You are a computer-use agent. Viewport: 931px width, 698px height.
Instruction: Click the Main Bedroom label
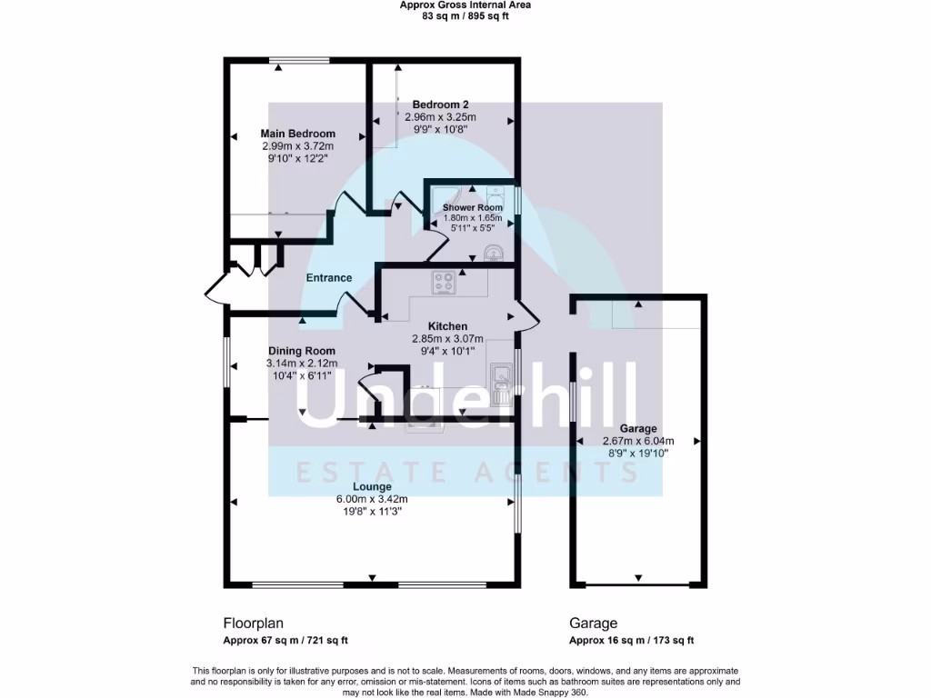click(x=297, y=134)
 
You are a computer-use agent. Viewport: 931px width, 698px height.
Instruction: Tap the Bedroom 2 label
click(x=440, y=105)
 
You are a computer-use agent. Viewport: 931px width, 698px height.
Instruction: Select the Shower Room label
click(x=472, y=207)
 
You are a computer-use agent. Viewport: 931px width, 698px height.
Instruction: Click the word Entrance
click(x=328, y=278)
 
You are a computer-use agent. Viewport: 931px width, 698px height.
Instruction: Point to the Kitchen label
click(x=447, y=326)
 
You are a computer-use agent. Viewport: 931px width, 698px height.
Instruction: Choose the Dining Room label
click(x=301, y=351)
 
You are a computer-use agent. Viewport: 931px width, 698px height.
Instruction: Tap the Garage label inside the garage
click(x=637, y=429)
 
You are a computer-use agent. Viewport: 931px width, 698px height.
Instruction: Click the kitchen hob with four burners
click(x=444, y=283)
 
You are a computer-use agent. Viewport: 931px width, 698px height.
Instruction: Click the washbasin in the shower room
click(x=494, y=251)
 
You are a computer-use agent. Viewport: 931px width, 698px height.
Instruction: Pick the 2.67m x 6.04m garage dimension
click(x=637, y=441)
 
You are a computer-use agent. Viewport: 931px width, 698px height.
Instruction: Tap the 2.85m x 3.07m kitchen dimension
click(x=447, y=338)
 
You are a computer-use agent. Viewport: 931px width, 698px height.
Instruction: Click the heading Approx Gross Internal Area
click(x=465, y=5)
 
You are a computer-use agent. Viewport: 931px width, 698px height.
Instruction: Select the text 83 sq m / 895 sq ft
click(x=465, y=15)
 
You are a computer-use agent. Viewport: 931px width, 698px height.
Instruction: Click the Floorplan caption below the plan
click(x=254, y=623)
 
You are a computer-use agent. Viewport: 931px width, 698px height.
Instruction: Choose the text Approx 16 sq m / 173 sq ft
click(x=631, y=640)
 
